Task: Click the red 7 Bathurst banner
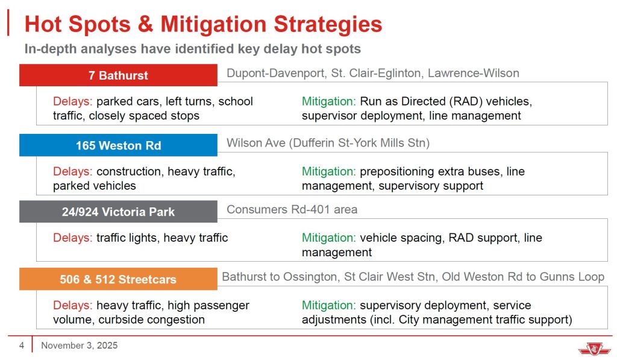click(118, 75)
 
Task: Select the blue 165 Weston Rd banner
click(118, 145)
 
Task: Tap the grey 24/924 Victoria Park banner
click(118, 212)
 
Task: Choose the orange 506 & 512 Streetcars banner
click(118, 279)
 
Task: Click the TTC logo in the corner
click(594, 349)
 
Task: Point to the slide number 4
click(22, 346)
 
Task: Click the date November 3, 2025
click(79, 346)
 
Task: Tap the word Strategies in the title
click(328, 24)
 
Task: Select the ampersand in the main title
click(145, 24)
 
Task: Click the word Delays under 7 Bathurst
click(73, 101)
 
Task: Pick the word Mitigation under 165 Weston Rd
click(328, 171)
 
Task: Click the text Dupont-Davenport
click(276, 73)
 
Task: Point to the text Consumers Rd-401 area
click(292, 209)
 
